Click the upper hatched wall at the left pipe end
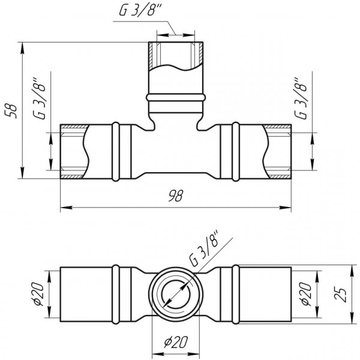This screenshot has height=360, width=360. tap(73, 127)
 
